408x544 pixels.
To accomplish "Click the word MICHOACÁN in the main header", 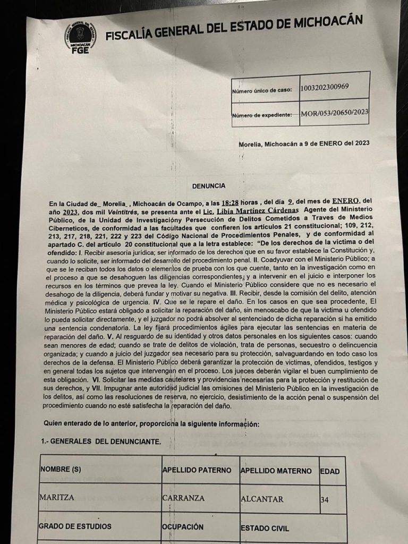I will pyautogui.click(x=326, y=24).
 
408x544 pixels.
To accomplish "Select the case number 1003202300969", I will pyautogui.click(x=324, y=87).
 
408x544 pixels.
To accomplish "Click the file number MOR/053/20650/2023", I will pyautogui.click(x=334, y=113).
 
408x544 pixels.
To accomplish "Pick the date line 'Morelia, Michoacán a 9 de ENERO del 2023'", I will pyautogui.click(x=304, y=143).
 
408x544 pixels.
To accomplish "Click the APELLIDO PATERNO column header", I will pyautogui.click(x=197, y=471).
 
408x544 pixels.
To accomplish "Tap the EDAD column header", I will pyautogui.click(x=330, y=471).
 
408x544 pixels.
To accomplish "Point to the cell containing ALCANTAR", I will pyautogui.click(x=262, y=499).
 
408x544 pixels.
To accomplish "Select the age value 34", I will pyautogui.click(x=326, y=499).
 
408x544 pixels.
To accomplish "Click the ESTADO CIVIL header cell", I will pyautogui.click(x=265, y=528).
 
